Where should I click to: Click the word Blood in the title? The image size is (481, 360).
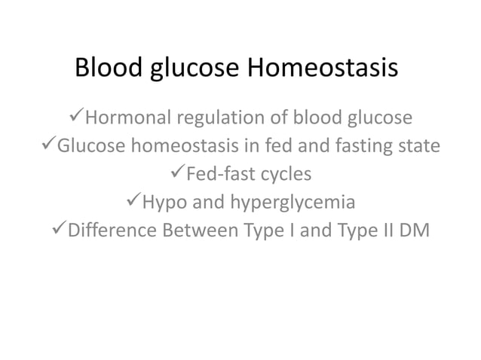point(106,69)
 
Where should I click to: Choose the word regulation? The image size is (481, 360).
point(216,120)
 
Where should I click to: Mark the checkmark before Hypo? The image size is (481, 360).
point(131,203)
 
